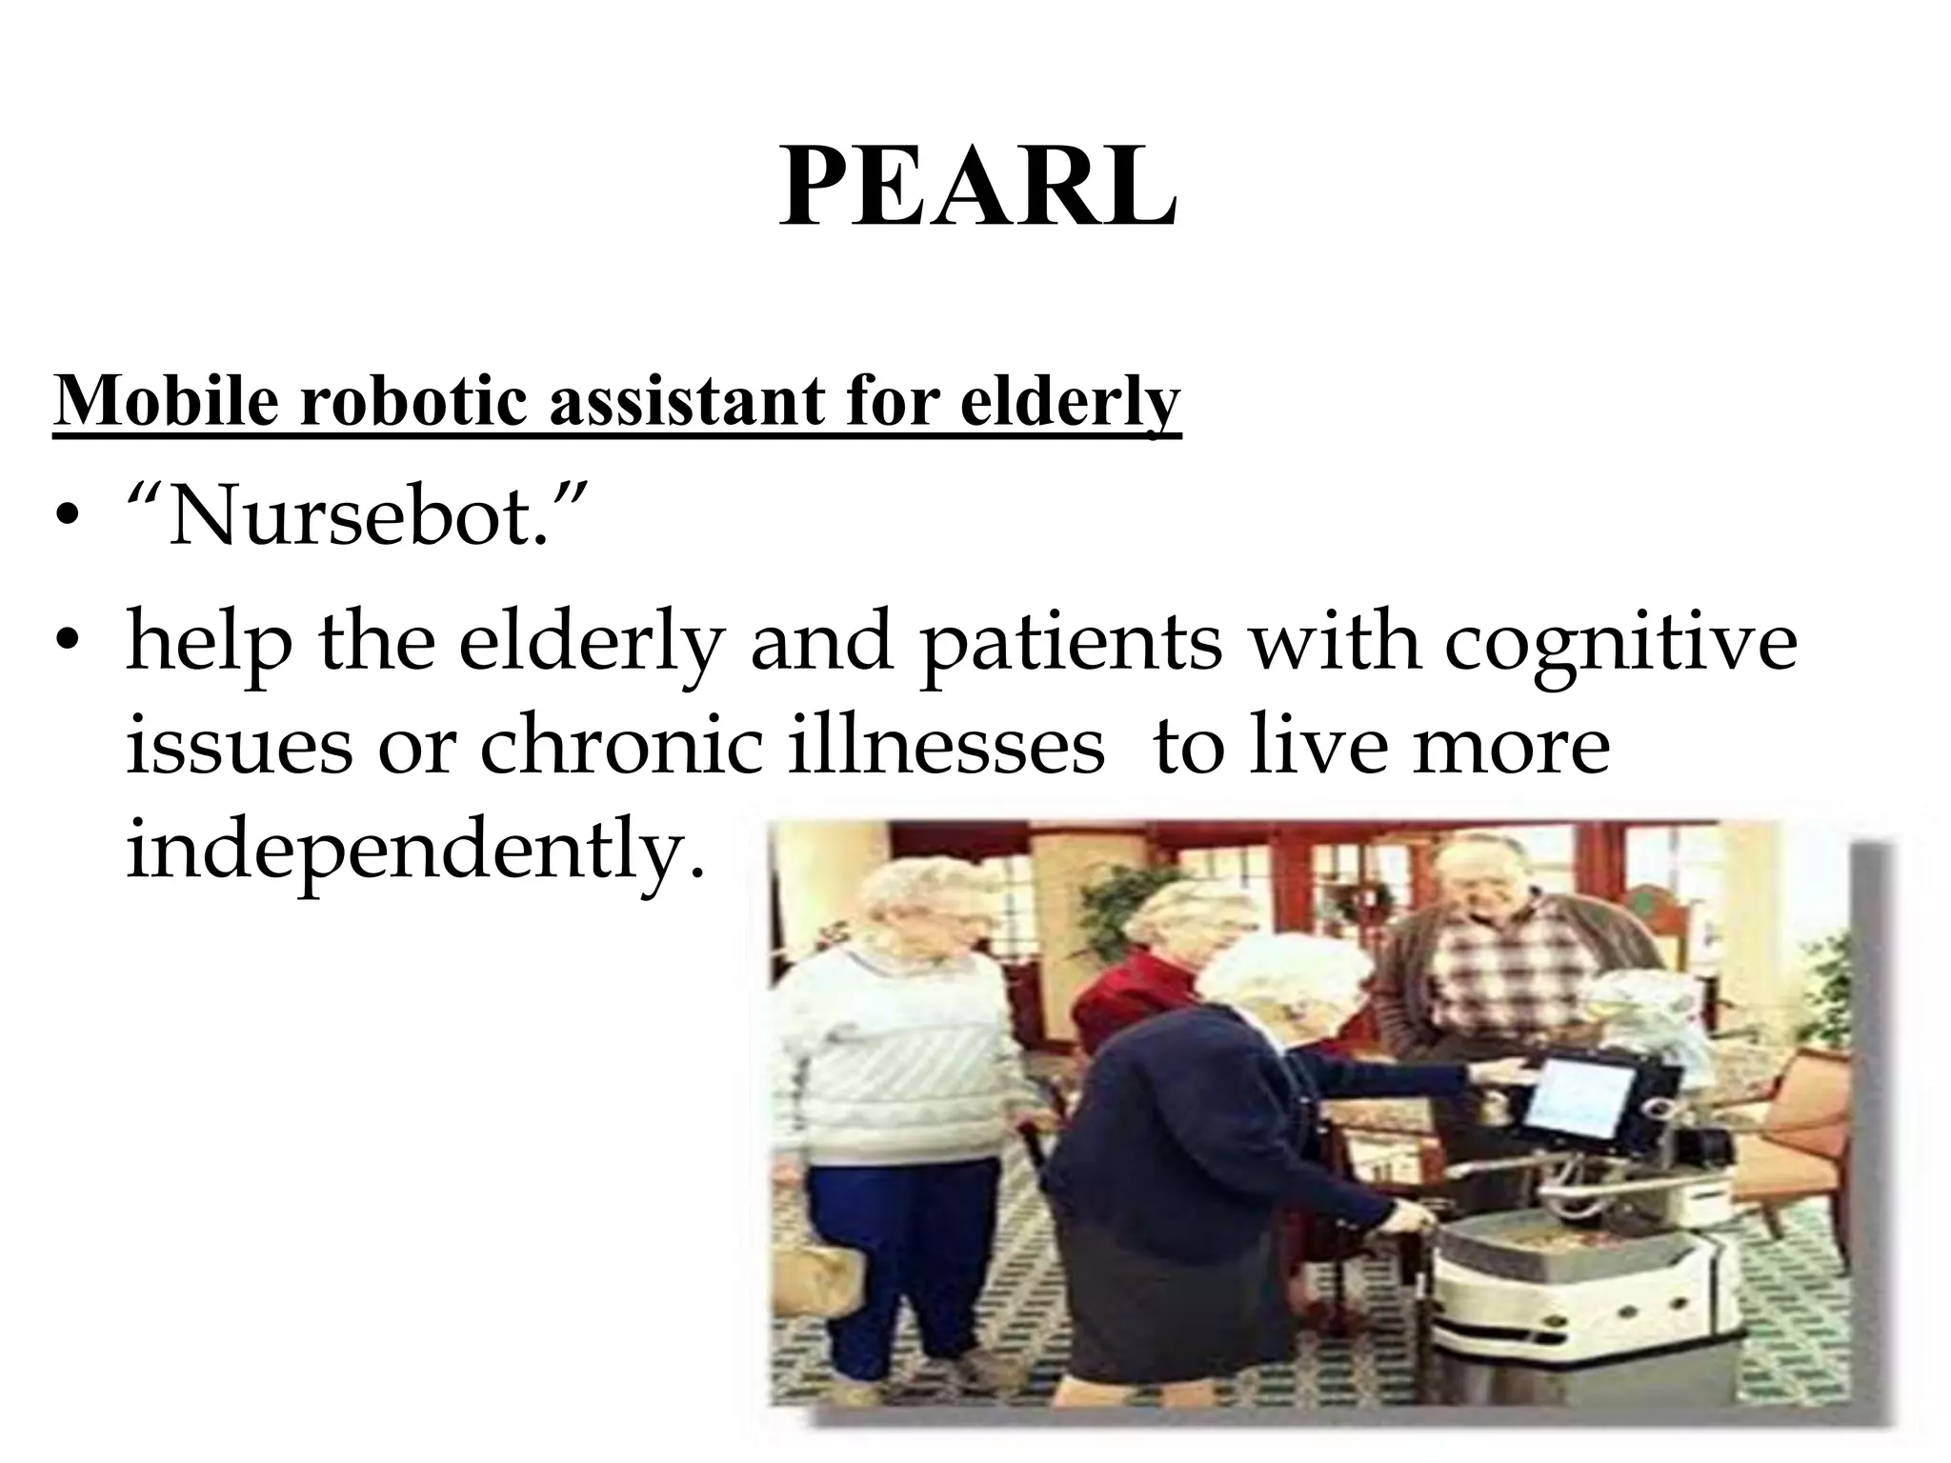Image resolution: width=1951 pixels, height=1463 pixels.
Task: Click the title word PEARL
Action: [x=977, y=186]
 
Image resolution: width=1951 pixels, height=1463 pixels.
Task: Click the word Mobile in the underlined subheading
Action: [x=167, y=400]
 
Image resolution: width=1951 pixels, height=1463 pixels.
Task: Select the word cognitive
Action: [x=1619, y=643]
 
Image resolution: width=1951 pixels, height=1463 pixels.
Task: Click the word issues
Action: [x=243, y=745]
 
